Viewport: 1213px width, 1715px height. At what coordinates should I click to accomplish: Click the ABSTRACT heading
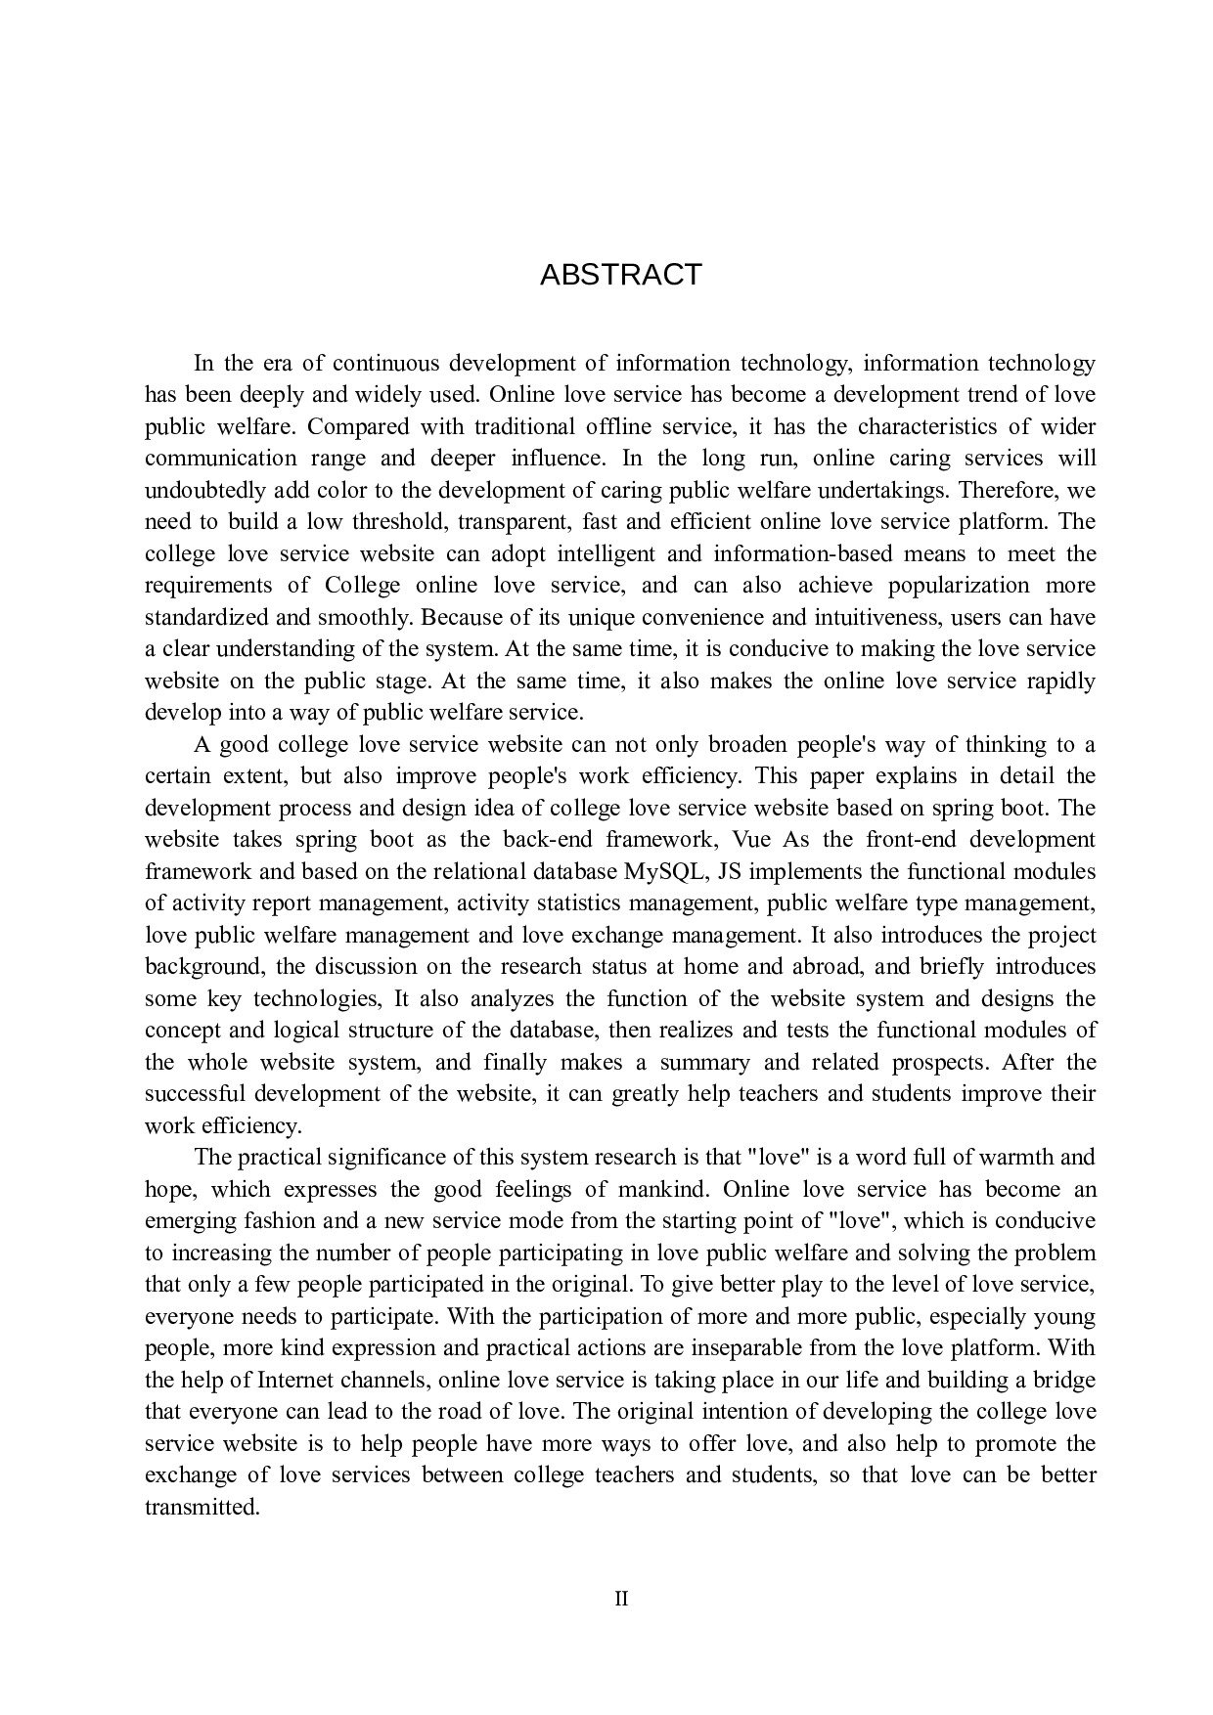coord(620,275)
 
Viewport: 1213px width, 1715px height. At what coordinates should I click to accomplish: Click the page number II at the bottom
coord(620,1600)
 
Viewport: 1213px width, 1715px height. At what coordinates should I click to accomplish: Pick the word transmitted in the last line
coord(202,1507)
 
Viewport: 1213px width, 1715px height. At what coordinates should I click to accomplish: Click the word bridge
coord(1063,1380)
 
